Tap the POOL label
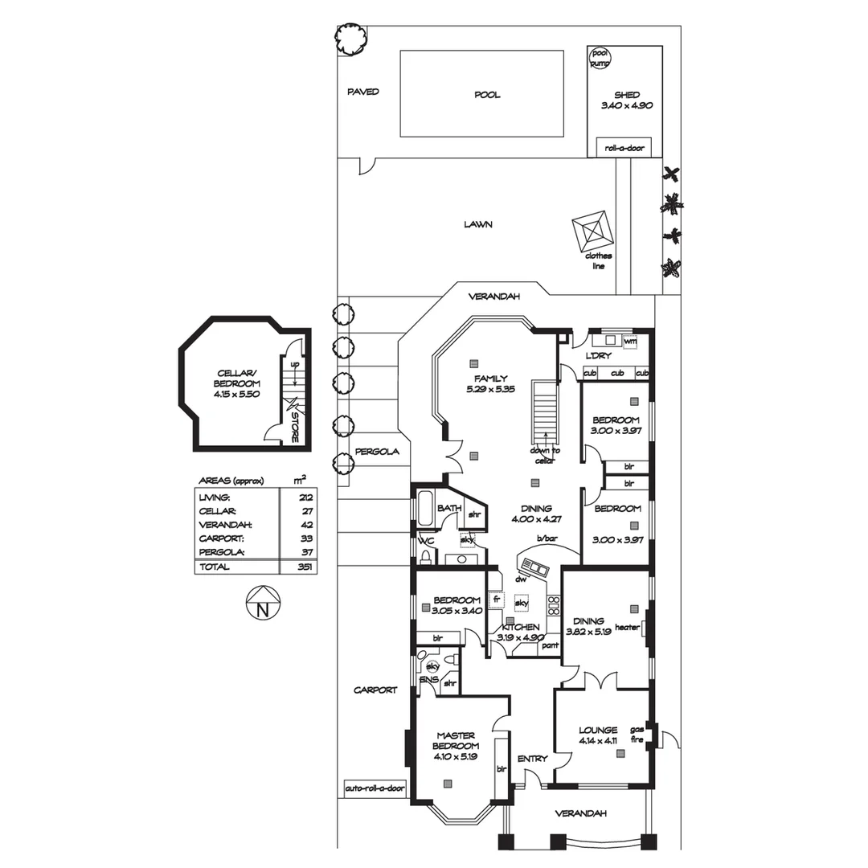487,95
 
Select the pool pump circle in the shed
600,57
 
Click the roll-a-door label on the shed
624,148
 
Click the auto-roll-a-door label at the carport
375,788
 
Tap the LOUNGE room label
598,731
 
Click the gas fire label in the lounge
637,734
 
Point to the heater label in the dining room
626,627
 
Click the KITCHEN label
520,627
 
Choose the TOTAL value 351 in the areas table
305,567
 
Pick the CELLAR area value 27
305,511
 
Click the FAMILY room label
490,379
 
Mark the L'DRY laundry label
599,355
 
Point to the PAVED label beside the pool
362,92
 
